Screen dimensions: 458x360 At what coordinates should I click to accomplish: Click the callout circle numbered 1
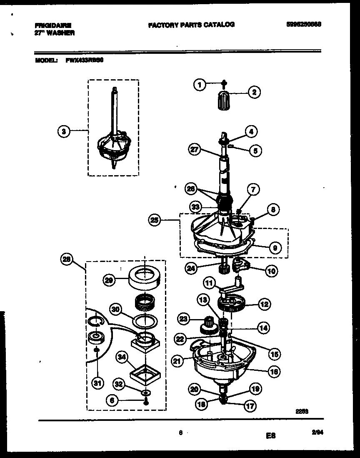pyautogui.click(x=200, y=85)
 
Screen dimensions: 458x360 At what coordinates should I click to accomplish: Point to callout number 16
pyautogui.click(x=273, y=372)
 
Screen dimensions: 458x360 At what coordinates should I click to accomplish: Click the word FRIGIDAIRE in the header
pyautogui.click(x=53, y=25)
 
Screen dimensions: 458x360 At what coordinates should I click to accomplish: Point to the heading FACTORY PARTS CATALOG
pyautogui.click(x=191, y=25)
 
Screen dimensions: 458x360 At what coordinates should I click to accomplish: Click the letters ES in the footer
pyautogui.click(x=271, y=436)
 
